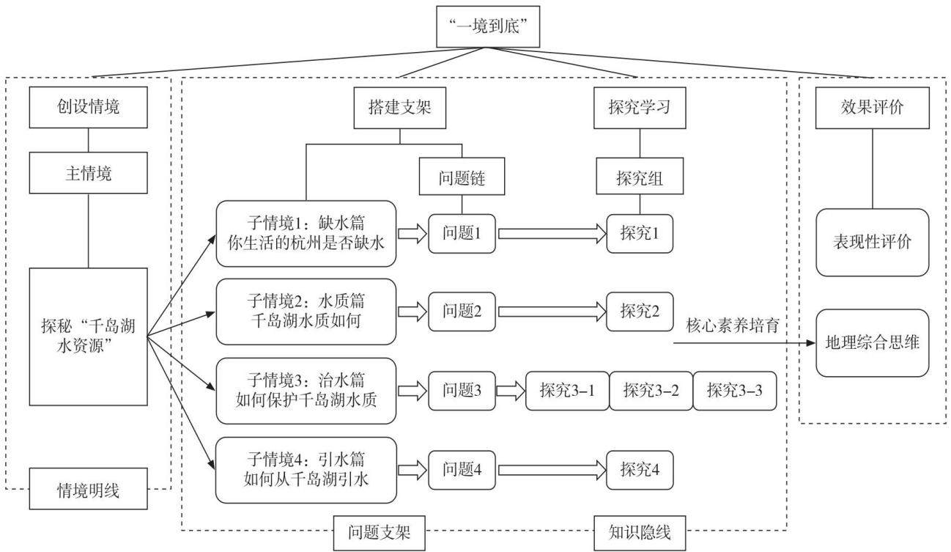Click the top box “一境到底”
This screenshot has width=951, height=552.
tap(488, 26)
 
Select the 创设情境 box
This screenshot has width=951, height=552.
tap(89, 107)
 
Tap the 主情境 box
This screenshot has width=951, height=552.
tap(89, 173)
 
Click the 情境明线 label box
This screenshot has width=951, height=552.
tap(89, 489)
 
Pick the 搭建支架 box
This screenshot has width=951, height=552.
tap(400, 108)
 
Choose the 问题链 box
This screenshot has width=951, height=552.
tap(462, 177)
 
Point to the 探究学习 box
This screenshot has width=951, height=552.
tap(640, 108)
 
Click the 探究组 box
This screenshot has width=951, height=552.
tap(640, 177)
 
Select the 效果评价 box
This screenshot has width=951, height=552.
tap(873, 108)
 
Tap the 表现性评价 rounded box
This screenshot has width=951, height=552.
tap(873, 242)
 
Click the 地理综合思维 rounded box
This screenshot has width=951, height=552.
tap(873, 343)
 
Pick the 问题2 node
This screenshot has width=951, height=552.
tap(462, 312)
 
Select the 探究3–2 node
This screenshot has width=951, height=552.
tap(651, 391)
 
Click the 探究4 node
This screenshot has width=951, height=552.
tap(640, 470)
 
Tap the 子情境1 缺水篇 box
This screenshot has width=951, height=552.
tap(306, 234)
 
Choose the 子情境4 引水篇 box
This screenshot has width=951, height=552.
tap(306, 470)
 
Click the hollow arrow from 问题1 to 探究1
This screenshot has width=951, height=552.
tap(552, 234)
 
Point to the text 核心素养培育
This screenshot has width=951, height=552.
tap(733, 326)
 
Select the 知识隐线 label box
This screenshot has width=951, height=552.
tap(640, 533)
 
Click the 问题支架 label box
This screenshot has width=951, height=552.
tap(379, 533)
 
